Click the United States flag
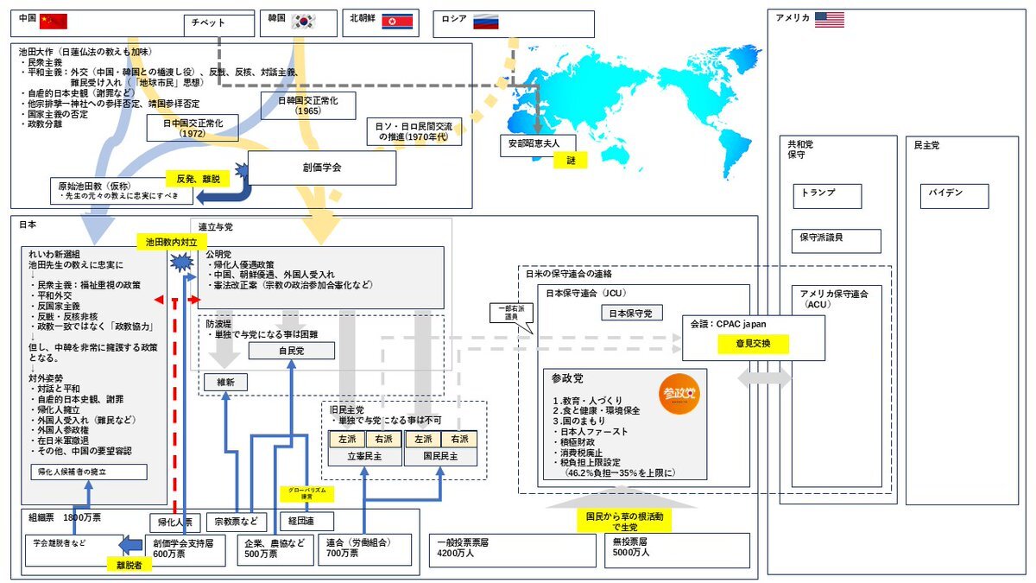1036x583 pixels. pos(830,19)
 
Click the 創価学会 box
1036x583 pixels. pos(321,168)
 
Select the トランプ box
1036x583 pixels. pos(826,195)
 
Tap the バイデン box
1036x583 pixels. pos(952,195)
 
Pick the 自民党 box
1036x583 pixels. pos(292,351)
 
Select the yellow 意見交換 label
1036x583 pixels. pos(752,344)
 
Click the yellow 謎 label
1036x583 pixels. pos(571,159)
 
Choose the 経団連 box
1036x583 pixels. pos(306,522)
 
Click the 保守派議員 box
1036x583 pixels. pos(836,240)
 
